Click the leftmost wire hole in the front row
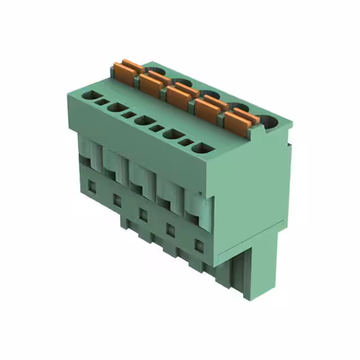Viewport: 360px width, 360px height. coord(89,96)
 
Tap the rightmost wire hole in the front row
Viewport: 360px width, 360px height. coord(202,148)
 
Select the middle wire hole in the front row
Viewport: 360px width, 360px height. coord(145,120)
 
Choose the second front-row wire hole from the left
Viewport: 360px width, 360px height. coord(116,107)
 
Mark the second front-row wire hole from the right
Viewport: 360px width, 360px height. coord(174,134)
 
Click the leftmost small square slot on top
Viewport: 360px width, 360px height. coord(102,102)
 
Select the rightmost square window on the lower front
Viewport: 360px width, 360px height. coord(199,245)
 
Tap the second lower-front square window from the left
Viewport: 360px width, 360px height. coord(117,199)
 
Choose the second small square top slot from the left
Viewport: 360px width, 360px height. coord(129,115)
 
